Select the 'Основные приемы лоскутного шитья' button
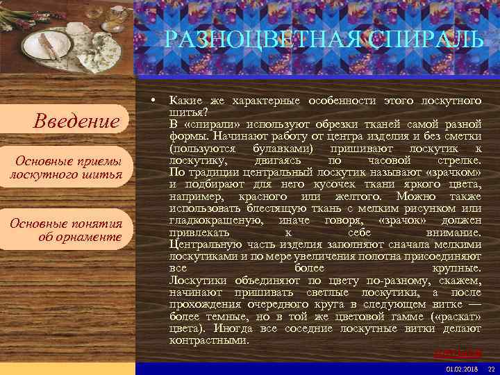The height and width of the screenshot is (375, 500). tap(67, 168)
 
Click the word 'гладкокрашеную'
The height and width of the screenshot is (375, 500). tap(216, 220)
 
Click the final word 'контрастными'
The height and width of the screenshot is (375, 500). tap(208, 341)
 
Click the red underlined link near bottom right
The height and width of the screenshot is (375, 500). tap(457, 353)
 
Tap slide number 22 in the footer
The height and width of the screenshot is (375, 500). tap(491, 369)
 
